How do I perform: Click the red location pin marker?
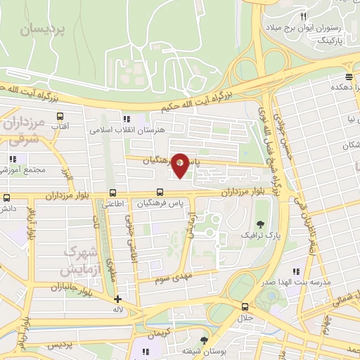coord(180,165)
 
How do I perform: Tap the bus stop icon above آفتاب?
coord(60,117)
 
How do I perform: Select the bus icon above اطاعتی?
coord(112,193)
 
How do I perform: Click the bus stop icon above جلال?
coord(244,307)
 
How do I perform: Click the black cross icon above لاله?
coord(117,299)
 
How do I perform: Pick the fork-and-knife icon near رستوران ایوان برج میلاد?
coord(303,15)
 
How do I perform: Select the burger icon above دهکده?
coord(349,77)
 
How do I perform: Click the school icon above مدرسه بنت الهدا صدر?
coord(297,270)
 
